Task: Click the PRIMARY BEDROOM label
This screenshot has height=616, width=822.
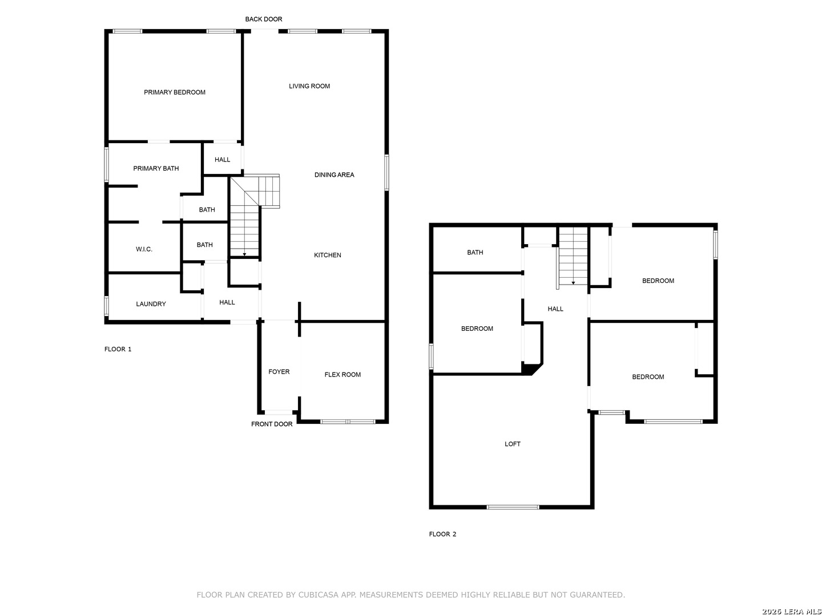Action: coord(175,92)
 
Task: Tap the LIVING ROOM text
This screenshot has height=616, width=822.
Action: coord(309,86)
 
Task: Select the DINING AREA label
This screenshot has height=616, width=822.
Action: coord(334,175)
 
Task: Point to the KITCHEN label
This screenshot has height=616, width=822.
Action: coord(327,255)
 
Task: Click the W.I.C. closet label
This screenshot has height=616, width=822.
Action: coord(144,249)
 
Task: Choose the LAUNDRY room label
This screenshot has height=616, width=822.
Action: coord(151,304)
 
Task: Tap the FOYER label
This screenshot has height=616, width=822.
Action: coord(279,372)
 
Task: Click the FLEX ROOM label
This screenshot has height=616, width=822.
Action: coord(342,375)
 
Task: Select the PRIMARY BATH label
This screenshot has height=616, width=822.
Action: coord(156,169)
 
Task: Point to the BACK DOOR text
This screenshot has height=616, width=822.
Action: coord(264,19)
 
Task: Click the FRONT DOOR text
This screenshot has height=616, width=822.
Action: coord(272,424)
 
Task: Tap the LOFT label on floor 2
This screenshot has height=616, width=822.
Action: coord(512,444)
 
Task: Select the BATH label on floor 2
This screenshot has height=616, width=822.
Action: coord(475,253)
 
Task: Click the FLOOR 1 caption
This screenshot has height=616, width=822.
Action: coord(118,349)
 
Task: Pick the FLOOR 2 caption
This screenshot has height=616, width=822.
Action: coord(442,534)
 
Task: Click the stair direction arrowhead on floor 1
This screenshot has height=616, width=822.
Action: coord(244,254)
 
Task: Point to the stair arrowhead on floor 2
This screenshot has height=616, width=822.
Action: coord(573,283)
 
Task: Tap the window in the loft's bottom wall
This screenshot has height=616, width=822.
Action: coord(513,507)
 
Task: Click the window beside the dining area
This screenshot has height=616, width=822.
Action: coord(386,173)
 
